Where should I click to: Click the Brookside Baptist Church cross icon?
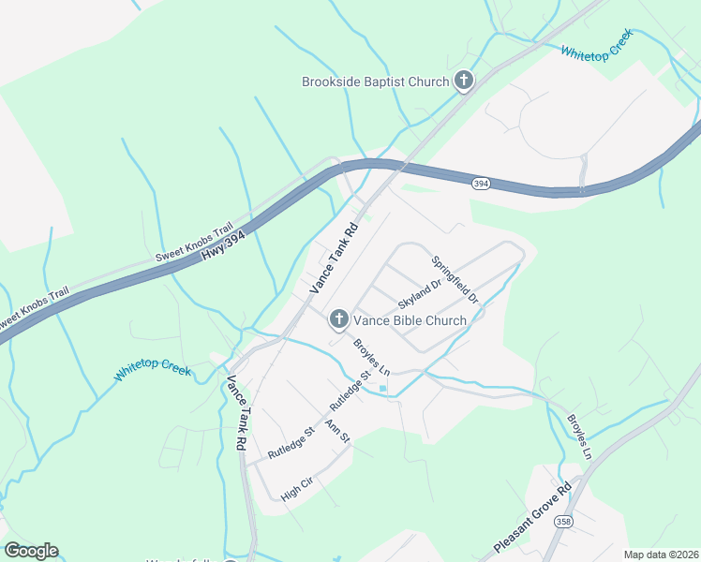[x=463, y=81]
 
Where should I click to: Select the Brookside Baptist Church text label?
[x=376, y=81]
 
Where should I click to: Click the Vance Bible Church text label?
[x=410, y=320]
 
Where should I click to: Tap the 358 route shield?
[x=563, y=522]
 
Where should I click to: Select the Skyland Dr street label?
[x=419, y=296]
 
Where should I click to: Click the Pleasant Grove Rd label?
[x=532, y=519]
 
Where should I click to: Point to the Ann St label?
[x=336, y=431]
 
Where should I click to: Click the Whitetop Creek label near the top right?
[x=597, y=44]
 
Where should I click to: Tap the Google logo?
[x=31, y=551]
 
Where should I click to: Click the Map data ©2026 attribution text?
[x=661, y=555]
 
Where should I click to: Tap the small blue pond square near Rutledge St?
[x=383, y=388]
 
